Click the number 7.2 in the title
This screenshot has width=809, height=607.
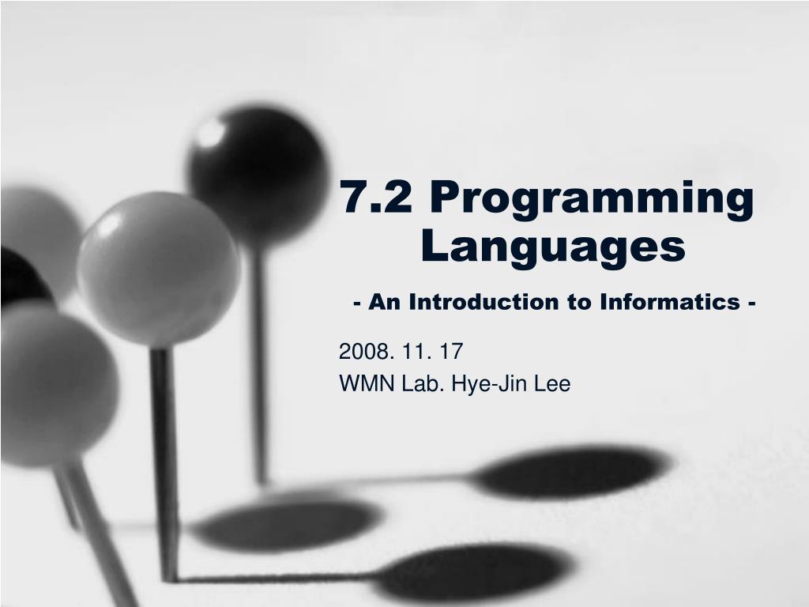[376, 197]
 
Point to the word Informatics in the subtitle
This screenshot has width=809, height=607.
[670, 302]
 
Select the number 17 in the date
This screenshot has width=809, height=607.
[451, 352]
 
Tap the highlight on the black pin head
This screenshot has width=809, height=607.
[210, 133]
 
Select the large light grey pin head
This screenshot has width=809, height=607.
[158, 270]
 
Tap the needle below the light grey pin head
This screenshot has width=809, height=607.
[164, 465]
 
